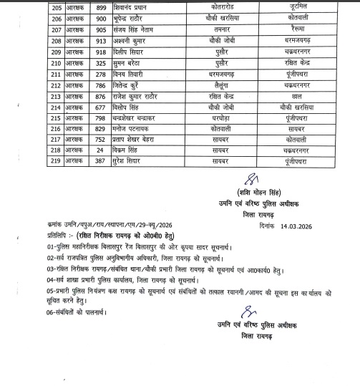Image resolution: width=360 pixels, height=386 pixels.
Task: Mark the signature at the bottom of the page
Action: pos(248,334)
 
